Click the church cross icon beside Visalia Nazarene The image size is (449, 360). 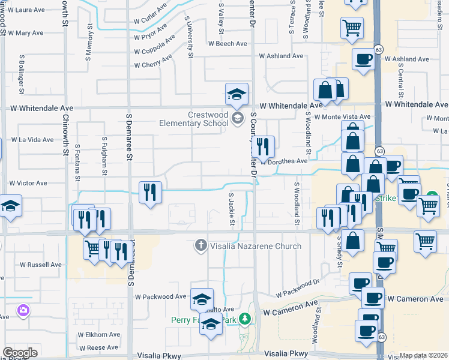click(x=201, y=245)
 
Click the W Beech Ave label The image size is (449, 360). click(x=228, y=43)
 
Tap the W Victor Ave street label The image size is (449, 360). click(x=28, y=183)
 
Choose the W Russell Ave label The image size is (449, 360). click(x=41, y=264)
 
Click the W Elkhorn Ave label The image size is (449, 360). click(x=98, y=334)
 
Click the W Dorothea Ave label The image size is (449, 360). click(x=286, y=161)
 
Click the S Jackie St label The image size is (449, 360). click(x=231, y=209)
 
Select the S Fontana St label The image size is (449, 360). click(x=77, y=161)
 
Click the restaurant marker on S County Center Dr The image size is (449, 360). click(x=263, y=146)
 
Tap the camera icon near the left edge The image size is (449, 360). click(x=23, y=310)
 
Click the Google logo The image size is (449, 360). click(x=20, y=353)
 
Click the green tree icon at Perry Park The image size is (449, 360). click(x=244, y=318)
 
